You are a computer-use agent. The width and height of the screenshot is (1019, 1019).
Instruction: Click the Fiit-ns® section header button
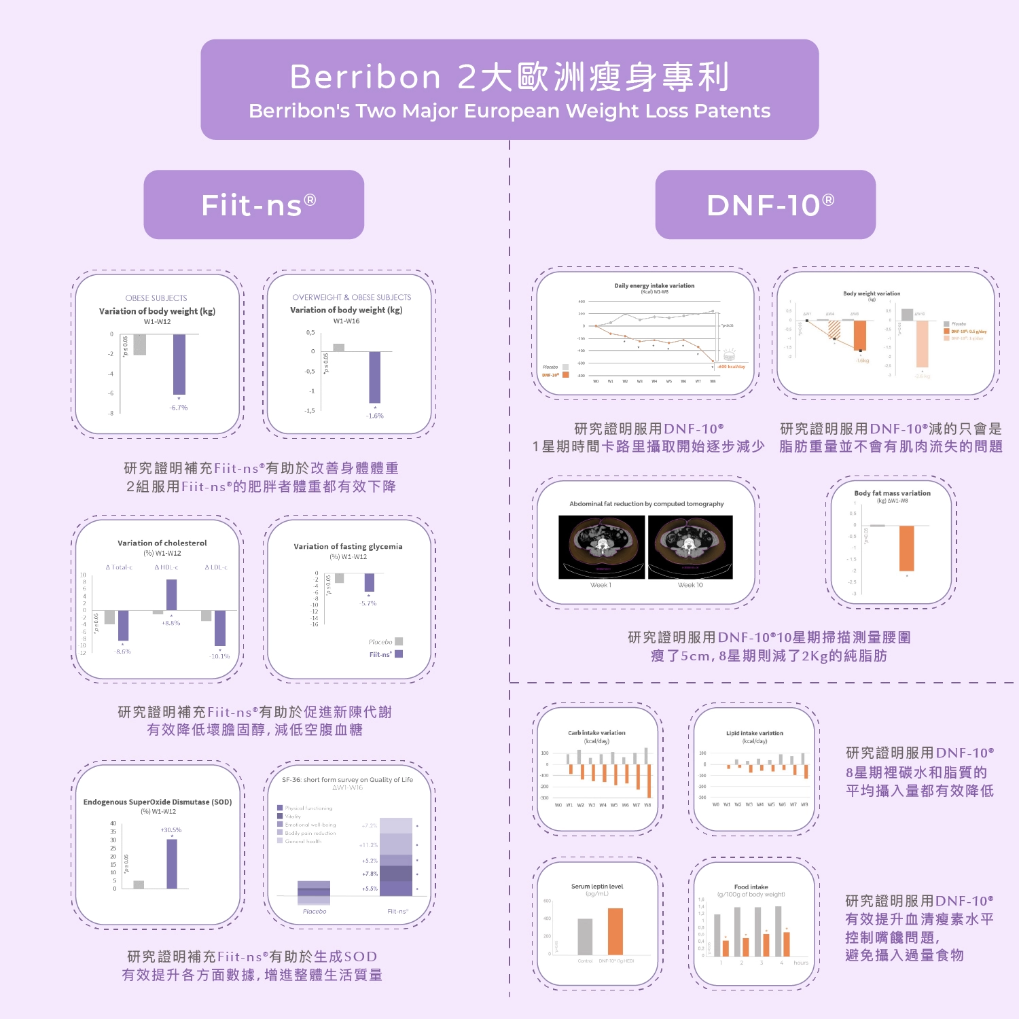click(253, 204)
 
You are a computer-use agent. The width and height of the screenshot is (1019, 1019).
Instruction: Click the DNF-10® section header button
click(765, 204)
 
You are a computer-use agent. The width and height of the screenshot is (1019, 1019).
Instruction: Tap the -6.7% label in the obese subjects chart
click(179, 408)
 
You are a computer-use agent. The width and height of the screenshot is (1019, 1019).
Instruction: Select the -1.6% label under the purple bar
click(374, 416)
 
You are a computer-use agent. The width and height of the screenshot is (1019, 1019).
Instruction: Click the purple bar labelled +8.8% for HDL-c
click(171, 595)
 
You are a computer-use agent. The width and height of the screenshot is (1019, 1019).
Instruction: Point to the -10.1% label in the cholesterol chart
click(220, 656)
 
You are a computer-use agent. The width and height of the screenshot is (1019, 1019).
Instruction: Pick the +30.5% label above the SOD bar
click(171, 830)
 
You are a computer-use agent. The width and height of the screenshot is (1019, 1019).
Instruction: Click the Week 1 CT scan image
click(601, 547)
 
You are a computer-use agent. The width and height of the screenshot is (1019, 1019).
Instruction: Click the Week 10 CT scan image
click(690, 547)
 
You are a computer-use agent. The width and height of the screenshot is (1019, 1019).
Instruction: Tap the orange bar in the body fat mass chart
click(906, 548)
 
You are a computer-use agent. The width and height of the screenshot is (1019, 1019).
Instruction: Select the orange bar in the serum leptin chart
click(615, 931)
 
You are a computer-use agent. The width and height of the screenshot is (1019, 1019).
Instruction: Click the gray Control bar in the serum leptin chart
click(585, 937)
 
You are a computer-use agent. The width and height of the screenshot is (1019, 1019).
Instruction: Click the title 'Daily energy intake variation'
click(654, 286)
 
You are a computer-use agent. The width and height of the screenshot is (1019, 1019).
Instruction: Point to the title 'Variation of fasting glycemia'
click(348, 546)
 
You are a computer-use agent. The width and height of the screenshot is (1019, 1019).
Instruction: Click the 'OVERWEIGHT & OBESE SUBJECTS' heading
click(351, 298)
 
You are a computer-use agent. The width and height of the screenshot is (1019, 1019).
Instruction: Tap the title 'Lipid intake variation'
click(754, 733)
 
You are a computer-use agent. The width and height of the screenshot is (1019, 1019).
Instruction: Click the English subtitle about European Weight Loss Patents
click(509, 111)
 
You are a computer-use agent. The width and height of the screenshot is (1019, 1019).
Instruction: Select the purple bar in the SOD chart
click(172, 863)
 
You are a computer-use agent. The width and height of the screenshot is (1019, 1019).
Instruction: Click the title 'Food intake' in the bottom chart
click(751, 887)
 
